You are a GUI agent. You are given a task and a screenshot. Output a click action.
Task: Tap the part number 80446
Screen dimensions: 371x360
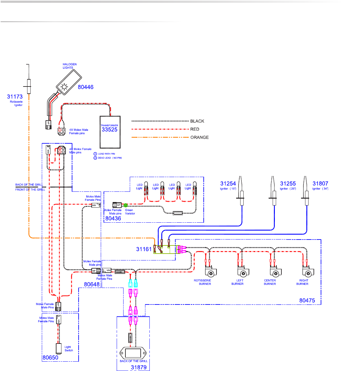pyautogui.click(x=85, y=87)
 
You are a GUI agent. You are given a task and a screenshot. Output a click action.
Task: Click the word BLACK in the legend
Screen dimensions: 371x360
pyautogui.click(x=197, y=121)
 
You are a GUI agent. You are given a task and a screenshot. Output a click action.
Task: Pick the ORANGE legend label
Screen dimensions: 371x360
pyautogui.click(x=199, y=137)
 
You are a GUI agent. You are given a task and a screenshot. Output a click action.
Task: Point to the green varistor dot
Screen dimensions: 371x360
pyautogui.click(x=126, y=205)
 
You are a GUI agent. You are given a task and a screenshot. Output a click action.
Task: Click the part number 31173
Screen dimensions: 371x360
pyautogui.click(x=15, y=97)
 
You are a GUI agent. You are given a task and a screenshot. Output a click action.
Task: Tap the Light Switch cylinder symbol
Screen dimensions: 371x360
pyautogui.click(x=58, y=348)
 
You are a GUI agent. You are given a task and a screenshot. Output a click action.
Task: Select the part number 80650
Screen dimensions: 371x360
pyautogui.click(x=50, y=358)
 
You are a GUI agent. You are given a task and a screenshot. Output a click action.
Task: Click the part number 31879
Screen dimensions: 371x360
pyautogui.click(x=139, y=367)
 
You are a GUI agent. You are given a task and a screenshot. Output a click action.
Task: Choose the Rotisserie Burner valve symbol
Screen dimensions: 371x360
pyautogui.click(x=211, y=272)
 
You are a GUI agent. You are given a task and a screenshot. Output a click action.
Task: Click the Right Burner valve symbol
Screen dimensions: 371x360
pyautogui.click(x=308, y=272)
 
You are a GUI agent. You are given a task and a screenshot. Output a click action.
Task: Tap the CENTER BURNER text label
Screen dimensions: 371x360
pyautogui.click(x=270, y=282)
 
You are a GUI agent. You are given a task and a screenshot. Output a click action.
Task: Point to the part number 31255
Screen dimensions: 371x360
pyautogui.click(x=288, y=184)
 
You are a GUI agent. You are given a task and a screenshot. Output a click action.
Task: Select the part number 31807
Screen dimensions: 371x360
pyautogui.click(x=320, y=184)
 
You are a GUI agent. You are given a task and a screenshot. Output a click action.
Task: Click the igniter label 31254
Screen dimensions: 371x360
pyautogui.click(x=228, y=184)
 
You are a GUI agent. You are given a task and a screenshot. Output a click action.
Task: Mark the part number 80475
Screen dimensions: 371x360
pyautogui.click(x=307, y=300)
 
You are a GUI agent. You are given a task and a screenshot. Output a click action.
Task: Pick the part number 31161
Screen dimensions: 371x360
pyautogui.click(x=144, y=249)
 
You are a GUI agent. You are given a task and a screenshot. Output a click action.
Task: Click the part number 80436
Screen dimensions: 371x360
pyautogui.click(x=113, y=219)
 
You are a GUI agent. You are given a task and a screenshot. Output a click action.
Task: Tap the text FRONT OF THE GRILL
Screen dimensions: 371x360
pyautogui.click(x=30, y=190)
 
